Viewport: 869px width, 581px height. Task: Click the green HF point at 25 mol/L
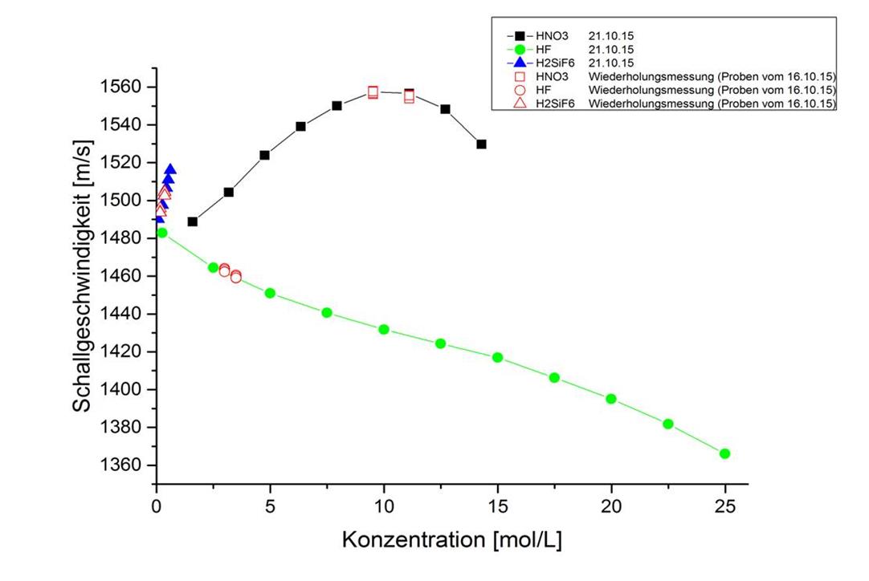[x=724, y=453]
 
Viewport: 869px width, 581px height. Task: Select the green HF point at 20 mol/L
[x=610, y=399]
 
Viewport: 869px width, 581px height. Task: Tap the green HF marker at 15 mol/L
[x=497, y=357]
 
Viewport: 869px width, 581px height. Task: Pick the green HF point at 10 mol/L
[x=384, y=329]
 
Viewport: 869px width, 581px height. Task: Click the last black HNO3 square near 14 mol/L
[x=481, y=144]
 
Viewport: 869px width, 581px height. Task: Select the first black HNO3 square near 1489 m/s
[x=193, y=221]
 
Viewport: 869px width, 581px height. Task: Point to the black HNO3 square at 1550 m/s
[x=337, y=106]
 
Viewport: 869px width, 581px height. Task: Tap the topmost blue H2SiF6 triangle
[x=170, y=169]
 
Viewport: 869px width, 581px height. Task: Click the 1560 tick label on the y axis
[x=124, y=87]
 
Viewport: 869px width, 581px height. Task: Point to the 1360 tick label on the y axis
[x=124, y=465]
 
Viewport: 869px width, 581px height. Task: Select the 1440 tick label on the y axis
[x=124, y=314]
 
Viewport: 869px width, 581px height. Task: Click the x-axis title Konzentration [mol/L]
[x=451, y=539]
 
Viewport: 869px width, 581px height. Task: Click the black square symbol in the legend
[x=519, y=36]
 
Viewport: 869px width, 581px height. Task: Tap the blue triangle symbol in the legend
[x=519, y=63]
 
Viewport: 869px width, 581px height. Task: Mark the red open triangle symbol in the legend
[x=519, y=104]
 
